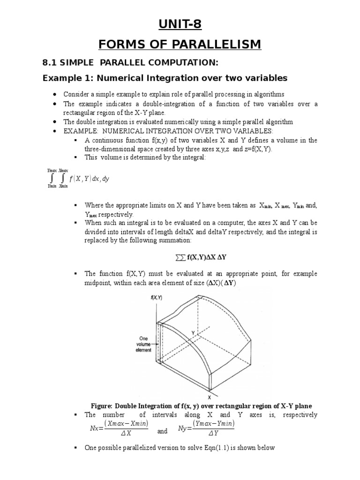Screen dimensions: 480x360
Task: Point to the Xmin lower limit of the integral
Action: point(63,186)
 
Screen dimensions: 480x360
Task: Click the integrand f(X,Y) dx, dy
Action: point(89,179)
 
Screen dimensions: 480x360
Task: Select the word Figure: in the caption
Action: point(105,406)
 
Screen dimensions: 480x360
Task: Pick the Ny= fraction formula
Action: point(206,427)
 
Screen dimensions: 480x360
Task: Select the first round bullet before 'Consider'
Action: point(55,94)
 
